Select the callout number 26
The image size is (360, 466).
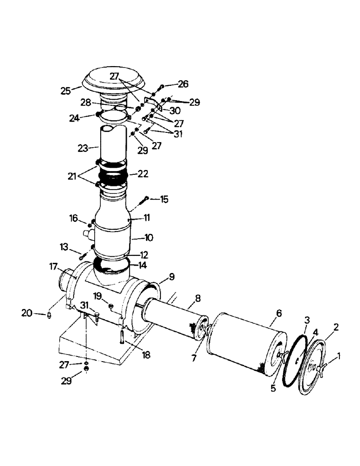click(183, 84)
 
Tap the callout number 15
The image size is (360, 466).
click(164, 199)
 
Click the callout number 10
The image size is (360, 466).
click(148, 238)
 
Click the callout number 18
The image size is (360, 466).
click(146, 356)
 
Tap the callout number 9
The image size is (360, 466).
click(172, 277)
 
